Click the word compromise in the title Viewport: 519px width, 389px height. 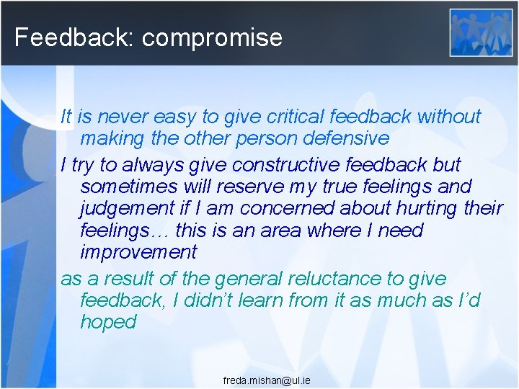tap(212, 37)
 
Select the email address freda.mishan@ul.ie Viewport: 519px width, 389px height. tap(267, 380)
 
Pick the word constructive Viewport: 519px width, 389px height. tap(278, 164)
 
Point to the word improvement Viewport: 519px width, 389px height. tap(138, 253)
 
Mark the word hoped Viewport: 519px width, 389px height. tap(108, 322)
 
